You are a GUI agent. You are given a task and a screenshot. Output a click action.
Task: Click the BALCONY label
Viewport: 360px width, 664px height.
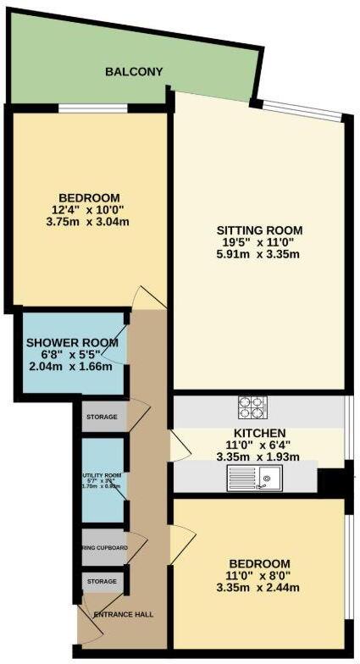[x=134, y=72]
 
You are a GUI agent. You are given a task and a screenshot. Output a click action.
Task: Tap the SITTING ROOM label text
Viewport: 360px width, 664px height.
[x=259, y=230]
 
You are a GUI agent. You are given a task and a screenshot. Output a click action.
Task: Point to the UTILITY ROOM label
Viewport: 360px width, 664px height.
[x=102, y=475]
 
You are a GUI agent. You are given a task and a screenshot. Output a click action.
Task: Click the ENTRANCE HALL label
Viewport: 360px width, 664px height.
[x=124, y=614]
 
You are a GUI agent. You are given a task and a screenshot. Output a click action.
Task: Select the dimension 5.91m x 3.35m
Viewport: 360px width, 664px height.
[x=259, y=254]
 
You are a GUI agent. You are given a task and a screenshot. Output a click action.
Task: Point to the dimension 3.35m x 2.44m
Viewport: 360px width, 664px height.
[x=259, y=588]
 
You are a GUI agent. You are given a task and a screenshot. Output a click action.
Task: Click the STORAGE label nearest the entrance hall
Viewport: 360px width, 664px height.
[x=102, y=582]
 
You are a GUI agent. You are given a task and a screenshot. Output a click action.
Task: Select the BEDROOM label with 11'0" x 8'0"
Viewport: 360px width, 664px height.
[x=259, y=563]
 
